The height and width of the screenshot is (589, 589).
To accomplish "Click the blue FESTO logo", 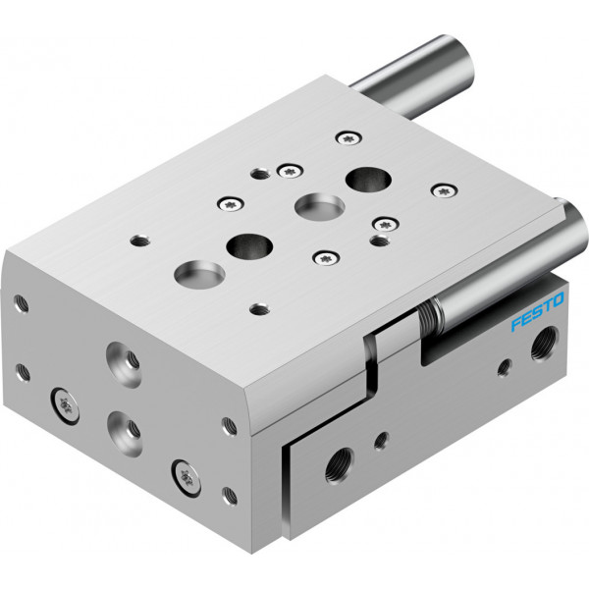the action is [x=537, y=311].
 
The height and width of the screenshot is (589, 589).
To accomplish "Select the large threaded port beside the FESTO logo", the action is [x=544, y=343].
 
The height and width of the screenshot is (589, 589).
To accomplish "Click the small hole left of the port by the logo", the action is [x=505, y=367].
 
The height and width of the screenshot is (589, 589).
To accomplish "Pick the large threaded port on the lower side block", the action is [x=340, y=465].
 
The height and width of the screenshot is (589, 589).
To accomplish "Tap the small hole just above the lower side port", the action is [x=381, y=440].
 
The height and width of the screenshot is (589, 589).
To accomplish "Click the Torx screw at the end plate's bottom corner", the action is [x=186, y=478].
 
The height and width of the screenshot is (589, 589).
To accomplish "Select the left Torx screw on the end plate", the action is [x=65, y=405].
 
